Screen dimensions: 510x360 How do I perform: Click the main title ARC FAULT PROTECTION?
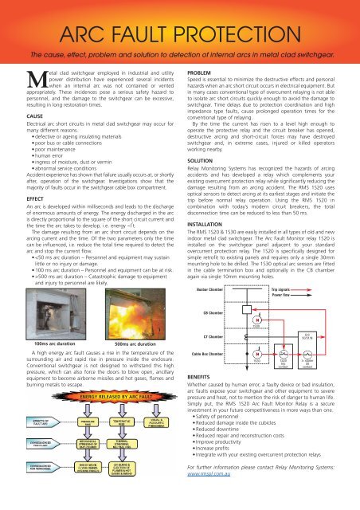[180, 31]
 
